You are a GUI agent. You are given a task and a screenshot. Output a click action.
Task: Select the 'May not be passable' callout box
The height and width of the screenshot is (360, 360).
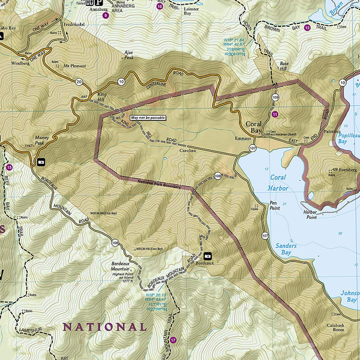147,118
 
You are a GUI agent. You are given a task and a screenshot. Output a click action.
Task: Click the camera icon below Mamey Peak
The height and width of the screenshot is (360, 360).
41,162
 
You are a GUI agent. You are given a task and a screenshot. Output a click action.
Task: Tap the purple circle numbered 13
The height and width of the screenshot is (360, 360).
8,167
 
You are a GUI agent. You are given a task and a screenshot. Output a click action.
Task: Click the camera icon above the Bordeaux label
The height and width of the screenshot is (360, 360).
208,255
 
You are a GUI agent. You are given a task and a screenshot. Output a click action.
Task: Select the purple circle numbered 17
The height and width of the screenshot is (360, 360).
173,340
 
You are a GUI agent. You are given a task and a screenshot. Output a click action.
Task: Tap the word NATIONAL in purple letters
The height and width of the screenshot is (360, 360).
104,327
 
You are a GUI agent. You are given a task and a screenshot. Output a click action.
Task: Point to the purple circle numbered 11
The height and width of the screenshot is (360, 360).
275,114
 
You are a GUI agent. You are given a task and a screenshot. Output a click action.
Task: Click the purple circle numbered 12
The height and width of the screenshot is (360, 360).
308,28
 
